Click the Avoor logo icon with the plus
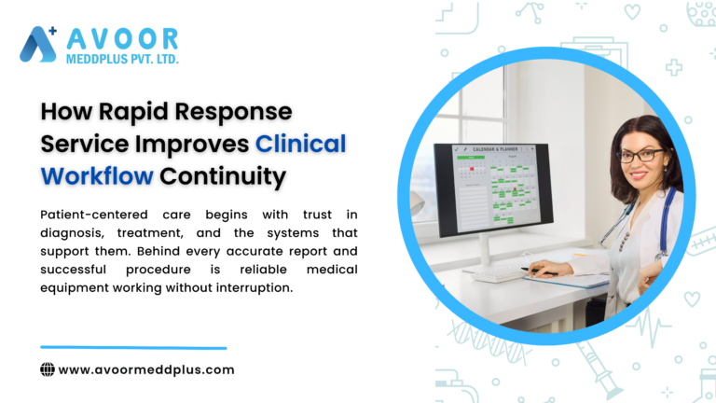point(38,44)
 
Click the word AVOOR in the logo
point(120,38)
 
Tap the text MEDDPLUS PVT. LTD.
point(120,60)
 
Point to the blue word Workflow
point(96,174)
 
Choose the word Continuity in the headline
point(223,174)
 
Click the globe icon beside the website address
point(48,369)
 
